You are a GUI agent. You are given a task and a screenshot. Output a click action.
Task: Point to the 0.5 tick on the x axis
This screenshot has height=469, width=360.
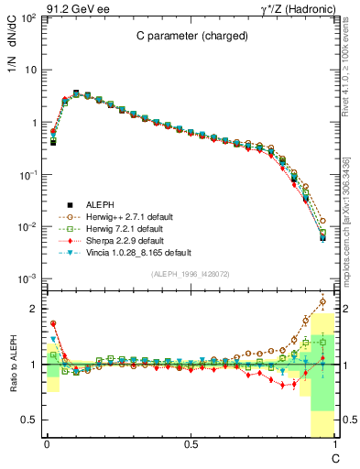191,444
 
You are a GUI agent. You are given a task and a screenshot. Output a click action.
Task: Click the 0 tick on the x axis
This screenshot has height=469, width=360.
47,444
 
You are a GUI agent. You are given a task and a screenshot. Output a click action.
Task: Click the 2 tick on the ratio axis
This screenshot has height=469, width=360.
33,309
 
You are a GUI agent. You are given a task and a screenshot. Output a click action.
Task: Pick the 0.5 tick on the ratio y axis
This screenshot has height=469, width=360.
29,420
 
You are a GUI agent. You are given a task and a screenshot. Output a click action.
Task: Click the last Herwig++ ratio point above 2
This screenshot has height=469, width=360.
322,300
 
